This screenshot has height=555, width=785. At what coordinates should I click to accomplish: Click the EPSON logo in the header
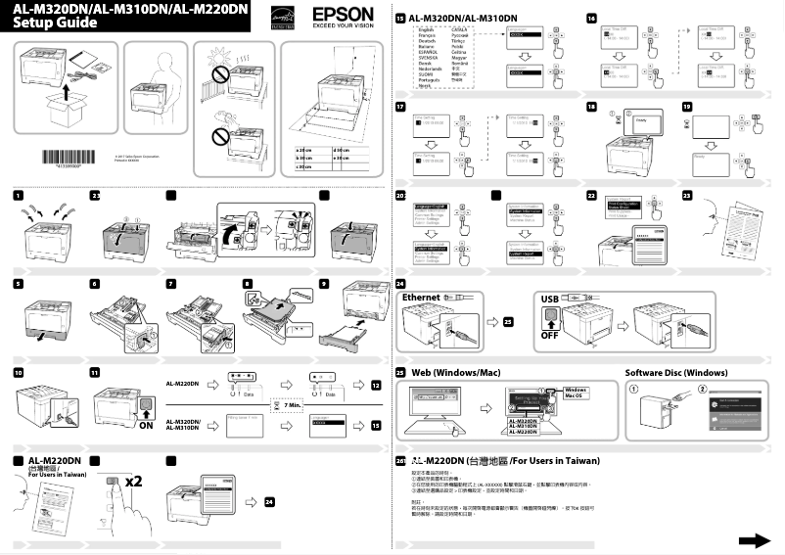342,15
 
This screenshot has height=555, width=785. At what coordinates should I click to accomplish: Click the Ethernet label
422,297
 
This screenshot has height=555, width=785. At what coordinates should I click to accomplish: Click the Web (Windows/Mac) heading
455,373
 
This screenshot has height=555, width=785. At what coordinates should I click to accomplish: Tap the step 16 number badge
591,19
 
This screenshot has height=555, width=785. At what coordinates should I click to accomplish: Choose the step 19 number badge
687,106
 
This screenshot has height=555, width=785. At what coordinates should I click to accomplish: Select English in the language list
427,30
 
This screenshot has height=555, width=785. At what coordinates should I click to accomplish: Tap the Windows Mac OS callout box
576,393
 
